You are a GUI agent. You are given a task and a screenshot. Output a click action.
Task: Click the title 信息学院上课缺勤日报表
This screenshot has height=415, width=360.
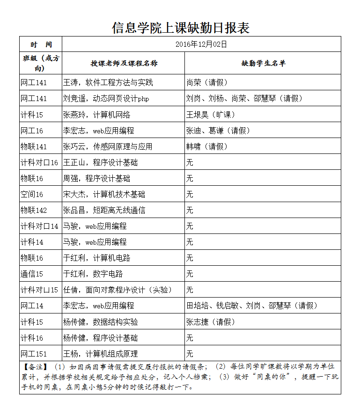[x=180, y=28]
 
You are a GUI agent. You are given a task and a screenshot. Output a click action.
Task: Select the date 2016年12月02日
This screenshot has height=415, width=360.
[x=201, y=44]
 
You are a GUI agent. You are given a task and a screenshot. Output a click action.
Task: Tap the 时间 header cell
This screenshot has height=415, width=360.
[x=41, y=44]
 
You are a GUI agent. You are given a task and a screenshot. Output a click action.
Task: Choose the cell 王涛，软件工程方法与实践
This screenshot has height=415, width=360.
[x=108, y=83]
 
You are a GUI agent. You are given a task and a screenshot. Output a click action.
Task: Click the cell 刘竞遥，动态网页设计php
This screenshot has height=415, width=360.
[x=106, y=99]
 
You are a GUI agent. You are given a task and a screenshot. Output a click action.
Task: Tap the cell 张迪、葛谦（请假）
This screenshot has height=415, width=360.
[x=218, y=131]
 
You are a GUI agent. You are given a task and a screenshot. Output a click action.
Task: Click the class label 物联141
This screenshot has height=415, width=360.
[x=34, y=146]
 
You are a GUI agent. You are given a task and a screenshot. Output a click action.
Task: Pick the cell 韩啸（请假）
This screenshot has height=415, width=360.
[x=207, y=146]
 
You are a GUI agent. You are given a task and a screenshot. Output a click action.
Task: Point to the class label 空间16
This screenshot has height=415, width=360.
[x=32, y=194]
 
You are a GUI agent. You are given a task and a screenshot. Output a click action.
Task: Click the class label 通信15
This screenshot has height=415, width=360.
[x=32, y=274]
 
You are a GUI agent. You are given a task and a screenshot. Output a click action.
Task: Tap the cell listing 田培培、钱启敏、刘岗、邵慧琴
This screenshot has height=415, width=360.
[x=252, y=306]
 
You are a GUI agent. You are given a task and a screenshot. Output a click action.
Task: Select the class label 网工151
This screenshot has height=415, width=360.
[x=34, y=354]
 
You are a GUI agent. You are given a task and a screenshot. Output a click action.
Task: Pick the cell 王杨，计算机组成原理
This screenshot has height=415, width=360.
[x=100, y=354]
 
